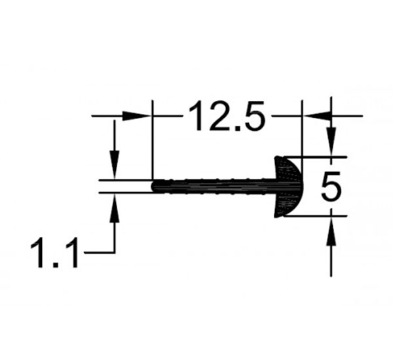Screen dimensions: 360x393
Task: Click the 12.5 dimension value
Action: pos(227,117)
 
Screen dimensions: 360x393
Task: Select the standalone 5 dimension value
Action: pos(331,189)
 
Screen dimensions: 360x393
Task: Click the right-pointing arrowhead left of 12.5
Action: pos(140,116)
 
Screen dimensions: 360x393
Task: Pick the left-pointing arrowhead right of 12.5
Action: pos(316,116)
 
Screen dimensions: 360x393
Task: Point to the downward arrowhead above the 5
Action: pos(331,147)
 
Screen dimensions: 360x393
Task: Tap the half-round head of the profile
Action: pos(288,187)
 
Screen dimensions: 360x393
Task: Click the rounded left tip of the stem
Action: pos(155,186)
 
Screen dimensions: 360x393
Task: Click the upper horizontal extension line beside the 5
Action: pos(321,157)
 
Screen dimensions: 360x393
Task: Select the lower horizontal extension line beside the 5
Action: pos(321,215)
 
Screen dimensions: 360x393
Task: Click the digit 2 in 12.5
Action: pos(218,117)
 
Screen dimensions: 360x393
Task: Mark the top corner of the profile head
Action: pos(278,157)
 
